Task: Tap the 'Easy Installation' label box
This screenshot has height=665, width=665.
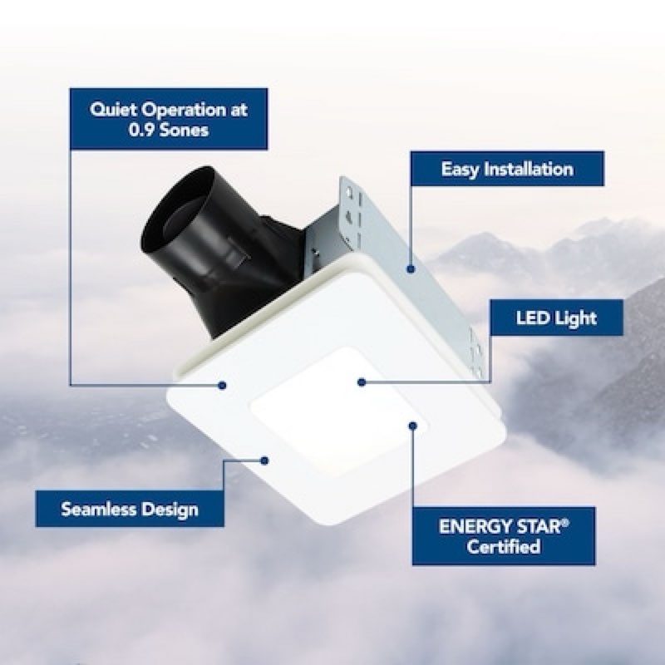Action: pyautogui.click(x=506, y=169)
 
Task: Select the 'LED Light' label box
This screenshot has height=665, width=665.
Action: pyautogui.click(x=554, y=317)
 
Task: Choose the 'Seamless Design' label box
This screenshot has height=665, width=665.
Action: pyautogui.click(x=130, y=509)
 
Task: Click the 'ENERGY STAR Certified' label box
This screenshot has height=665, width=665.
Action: pyautogui.click(x=504, y=536)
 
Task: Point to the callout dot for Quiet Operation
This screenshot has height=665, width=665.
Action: pyautogui.click(x=223, y=384)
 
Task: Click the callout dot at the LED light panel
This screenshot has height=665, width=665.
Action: pyautogui.click(x=362, y=382)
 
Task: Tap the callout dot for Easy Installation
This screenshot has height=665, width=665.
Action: pyautogui.click(x=410, y=268)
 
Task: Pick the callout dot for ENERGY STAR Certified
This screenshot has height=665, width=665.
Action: pyautogui.click(x=412, y=425)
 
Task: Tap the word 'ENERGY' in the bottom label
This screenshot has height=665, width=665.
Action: pyautogui.click(x=468, y=527)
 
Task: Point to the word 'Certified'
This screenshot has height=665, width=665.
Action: pyautogui.click(x=504, y=547)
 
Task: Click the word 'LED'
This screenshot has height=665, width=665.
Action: pyautogui.click(x=530, y=317)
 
